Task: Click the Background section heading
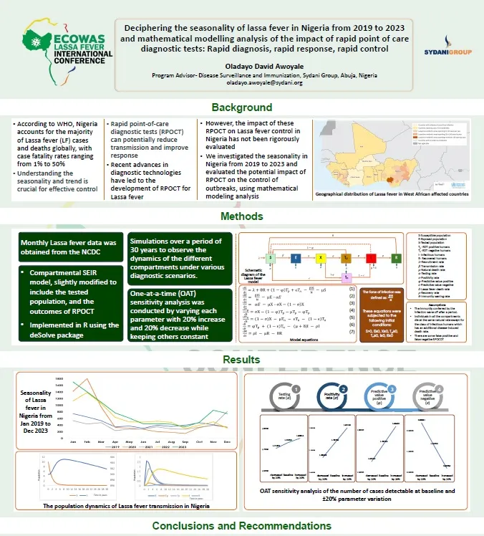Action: pos(242,107)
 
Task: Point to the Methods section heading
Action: pos(242,216)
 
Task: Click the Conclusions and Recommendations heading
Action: pos(242,527)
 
